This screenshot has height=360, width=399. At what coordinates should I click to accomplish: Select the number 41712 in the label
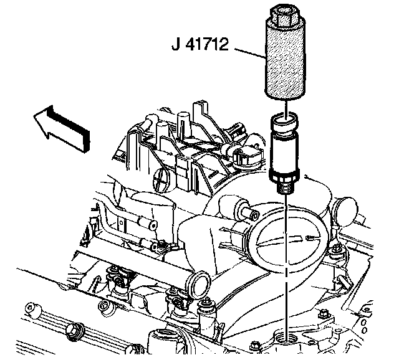(208, 45)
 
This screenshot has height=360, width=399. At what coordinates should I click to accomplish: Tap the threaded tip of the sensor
(286, 184)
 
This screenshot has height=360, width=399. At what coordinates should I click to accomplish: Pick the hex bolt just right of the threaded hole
(323, 313)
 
